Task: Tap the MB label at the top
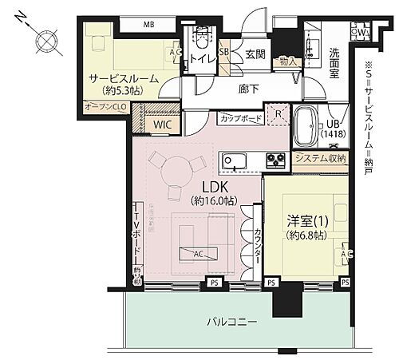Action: click(x=148, y=25)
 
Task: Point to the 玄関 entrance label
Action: click(x=255, y=53)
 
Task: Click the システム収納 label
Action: click(x=320, y=158)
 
